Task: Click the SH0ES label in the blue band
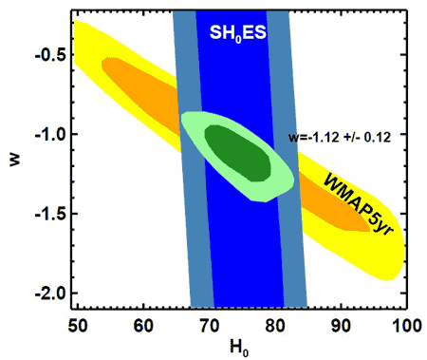click(238, 32)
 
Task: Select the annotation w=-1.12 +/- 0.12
click(340, 137)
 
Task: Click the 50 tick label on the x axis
click(78, 326)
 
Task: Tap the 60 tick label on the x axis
click(143, 326)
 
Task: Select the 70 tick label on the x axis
click(210, 326)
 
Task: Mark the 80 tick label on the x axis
click(275, 326)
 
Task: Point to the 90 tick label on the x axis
click(341, 326)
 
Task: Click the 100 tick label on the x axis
click(407, 326)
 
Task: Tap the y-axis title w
click(15, 159)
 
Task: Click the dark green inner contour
click(238, 153)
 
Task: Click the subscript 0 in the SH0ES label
click(238, 39)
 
